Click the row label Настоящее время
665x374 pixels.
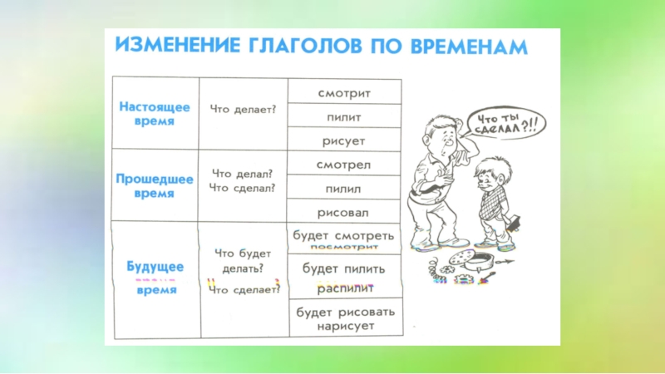pos(154,114)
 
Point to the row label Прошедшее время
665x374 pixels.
pos(154,186)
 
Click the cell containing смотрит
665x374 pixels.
pos(344,92)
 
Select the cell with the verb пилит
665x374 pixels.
pos(344,117)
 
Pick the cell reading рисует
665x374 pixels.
pos(344,141)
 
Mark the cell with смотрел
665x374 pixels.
pos(344,165)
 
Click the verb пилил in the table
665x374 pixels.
pos(344,189)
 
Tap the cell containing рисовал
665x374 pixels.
pos(344,212)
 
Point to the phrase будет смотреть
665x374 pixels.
pos(343,235)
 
